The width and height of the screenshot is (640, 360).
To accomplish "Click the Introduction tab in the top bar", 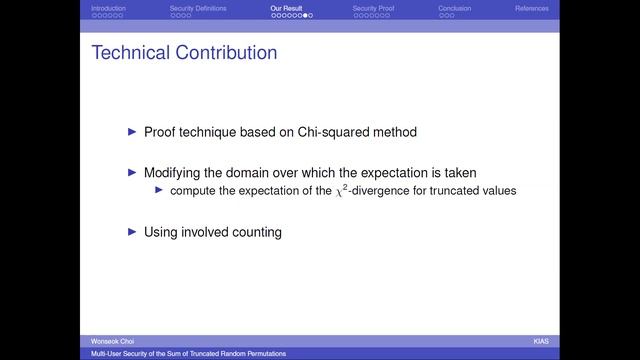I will coord(108,8).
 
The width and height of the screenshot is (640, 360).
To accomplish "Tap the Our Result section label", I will coord(286,8).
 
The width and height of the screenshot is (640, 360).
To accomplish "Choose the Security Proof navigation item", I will coord(372,8).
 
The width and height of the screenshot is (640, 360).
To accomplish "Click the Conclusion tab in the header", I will coord(454,8).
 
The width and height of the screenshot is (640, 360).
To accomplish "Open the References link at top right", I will coord(531,8).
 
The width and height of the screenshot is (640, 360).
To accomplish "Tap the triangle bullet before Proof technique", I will coord(131,132).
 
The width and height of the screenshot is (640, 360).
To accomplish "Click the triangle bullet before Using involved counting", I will coord(131,232).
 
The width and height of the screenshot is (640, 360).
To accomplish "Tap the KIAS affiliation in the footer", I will coord(541,341).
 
